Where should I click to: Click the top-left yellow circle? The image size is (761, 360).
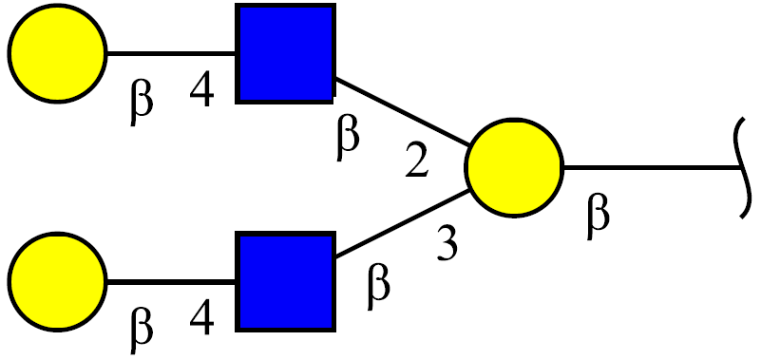click(x=57, y=53)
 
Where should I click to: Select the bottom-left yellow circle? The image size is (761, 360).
click(x=57, y=282)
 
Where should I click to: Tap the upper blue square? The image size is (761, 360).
click(x=285, y=53)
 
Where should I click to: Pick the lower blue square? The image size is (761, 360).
click(x=285, y=282)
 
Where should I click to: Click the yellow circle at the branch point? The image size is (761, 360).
click(x=514, y=167)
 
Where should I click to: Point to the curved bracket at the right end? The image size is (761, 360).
click(x=745, y=167)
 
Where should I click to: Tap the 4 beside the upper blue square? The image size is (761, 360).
click(x=202, y=91)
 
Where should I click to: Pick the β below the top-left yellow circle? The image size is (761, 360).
click(x=142, y=101)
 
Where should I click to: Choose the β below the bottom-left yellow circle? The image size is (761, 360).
click(x=142, y=330)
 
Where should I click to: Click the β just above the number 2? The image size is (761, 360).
click(x=348, y=138)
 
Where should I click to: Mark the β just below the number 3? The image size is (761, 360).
click(x=378, y=286)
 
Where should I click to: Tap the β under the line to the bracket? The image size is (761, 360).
click(x=598, y=216)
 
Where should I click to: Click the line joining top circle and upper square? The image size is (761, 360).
click(x=171, y=53)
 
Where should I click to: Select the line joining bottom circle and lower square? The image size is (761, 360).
click(x=171, y=282)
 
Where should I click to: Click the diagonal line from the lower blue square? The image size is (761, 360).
click(x=402, y=223)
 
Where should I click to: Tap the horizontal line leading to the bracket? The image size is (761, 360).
click(x=652, y=167)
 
